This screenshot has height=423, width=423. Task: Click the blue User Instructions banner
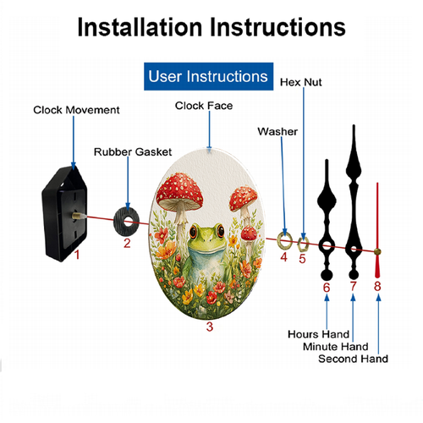(208, 76)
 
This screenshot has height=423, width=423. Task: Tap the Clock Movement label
(76, 110)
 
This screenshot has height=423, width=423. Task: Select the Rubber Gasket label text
(133, 152)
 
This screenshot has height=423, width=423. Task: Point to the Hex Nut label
(301, 82)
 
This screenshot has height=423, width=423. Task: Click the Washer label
(277, 131)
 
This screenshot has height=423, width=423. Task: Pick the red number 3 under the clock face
(210, 327)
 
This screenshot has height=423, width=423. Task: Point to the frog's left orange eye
(193, 231)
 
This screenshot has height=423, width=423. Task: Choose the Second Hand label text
(354, 359)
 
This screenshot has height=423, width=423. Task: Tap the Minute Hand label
(336, 347)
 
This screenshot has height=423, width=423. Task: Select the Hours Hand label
(319, 334)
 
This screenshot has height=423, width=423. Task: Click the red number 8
(377, 286)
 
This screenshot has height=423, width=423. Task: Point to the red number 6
(327, 288)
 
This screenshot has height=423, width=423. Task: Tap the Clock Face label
(204, 106)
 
